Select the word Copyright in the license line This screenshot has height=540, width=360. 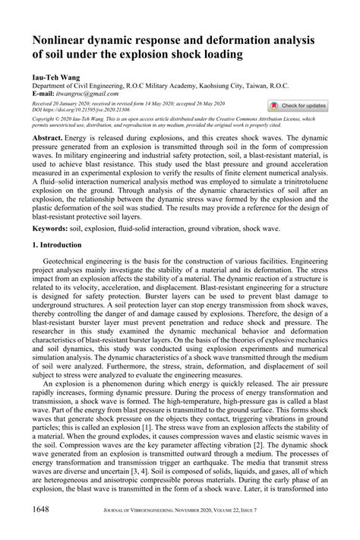coord(43,119)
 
